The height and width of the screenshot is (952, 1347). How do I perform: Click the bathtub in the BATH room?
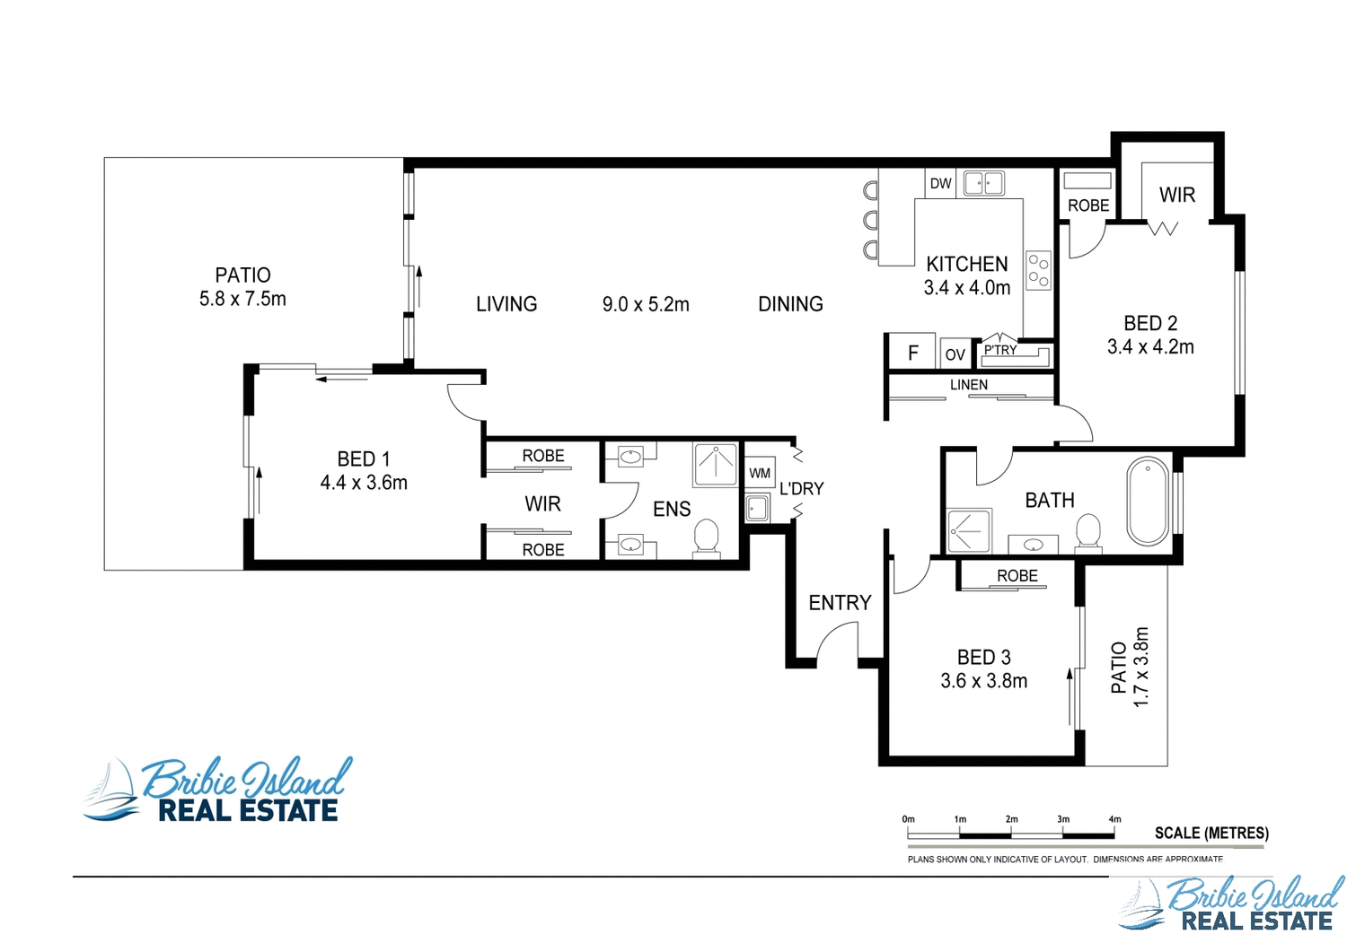1148,502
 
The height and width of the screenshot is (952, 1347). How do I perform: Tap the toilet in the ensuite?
707,538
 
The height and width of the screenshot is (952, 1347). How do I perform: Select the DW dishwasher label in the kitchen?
940,184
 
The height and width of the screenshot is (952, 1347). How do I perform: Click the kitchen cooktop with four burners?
1038,270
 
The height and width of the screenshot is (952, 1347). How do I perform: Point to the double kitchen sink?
983,184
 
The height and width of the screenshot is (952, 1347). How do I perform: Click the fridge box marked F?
912,354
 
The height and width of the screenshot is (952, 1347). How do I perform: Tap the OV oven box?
955,355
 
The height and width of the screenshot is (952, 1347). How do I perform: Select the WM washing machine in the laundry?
760,474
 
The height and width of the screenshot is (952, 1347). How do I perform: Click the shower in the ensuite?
716,464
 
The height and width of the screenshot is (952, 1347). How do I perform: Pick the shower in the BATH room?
969,530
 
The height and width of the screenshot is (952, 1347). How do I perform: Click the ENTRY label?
840,603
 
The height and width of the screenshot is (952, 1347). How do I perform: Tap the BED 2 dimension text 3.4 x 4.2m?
1150,347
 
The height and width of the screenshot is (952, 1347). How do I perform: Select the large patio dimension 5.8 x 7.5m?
242,300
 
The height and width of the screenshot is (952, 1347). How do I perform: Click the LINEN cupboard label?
969,385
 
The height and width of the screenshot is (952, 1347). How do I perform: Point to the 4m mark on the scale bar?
1114,820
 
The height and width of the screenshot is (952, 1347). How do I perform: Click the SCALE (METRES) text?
1211,834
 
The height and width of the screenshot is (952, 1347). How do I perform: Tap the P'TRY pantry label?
1000,350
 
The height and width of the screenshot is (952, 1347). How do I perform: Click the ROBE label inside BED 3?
1017,576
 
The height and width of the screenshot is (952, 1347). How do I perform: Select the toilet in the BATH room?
1088,530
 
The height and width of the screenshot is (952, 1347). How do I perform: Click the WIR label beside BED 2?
1176,196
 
